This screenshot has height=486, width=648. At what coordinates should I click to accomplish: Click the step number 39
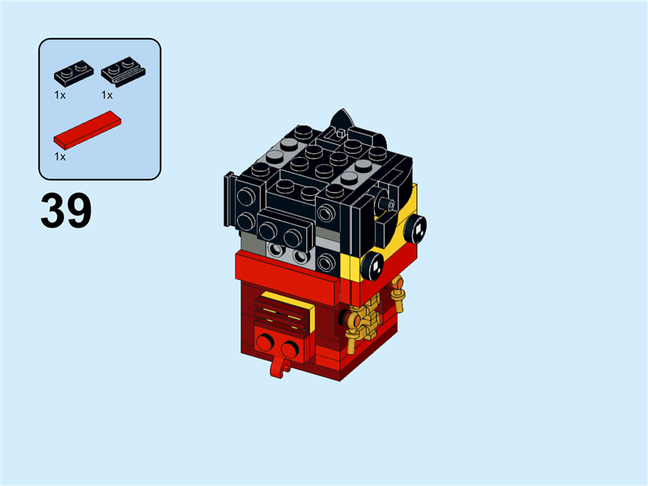pyautogui.click(x=66, y=211)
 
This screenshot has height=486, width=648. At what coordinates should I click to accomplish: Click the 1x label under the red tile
pyautogui.click(x=60, y=156)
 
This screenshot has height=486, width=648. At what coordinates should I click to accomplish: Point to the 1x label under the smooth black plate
pyautogui.click(x=60, y=95)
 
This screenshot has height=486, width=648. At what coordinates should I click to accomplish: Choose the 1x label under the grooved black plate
pyautogui.click(x=107, y=95)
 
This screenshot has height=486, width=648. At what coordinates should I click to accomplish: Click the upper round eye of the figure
pyautogui.click(x=417, y=229)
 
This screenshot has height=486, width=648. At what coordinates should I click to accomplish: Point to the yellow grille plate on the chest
pyautogui.click(x=283, y=312)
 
